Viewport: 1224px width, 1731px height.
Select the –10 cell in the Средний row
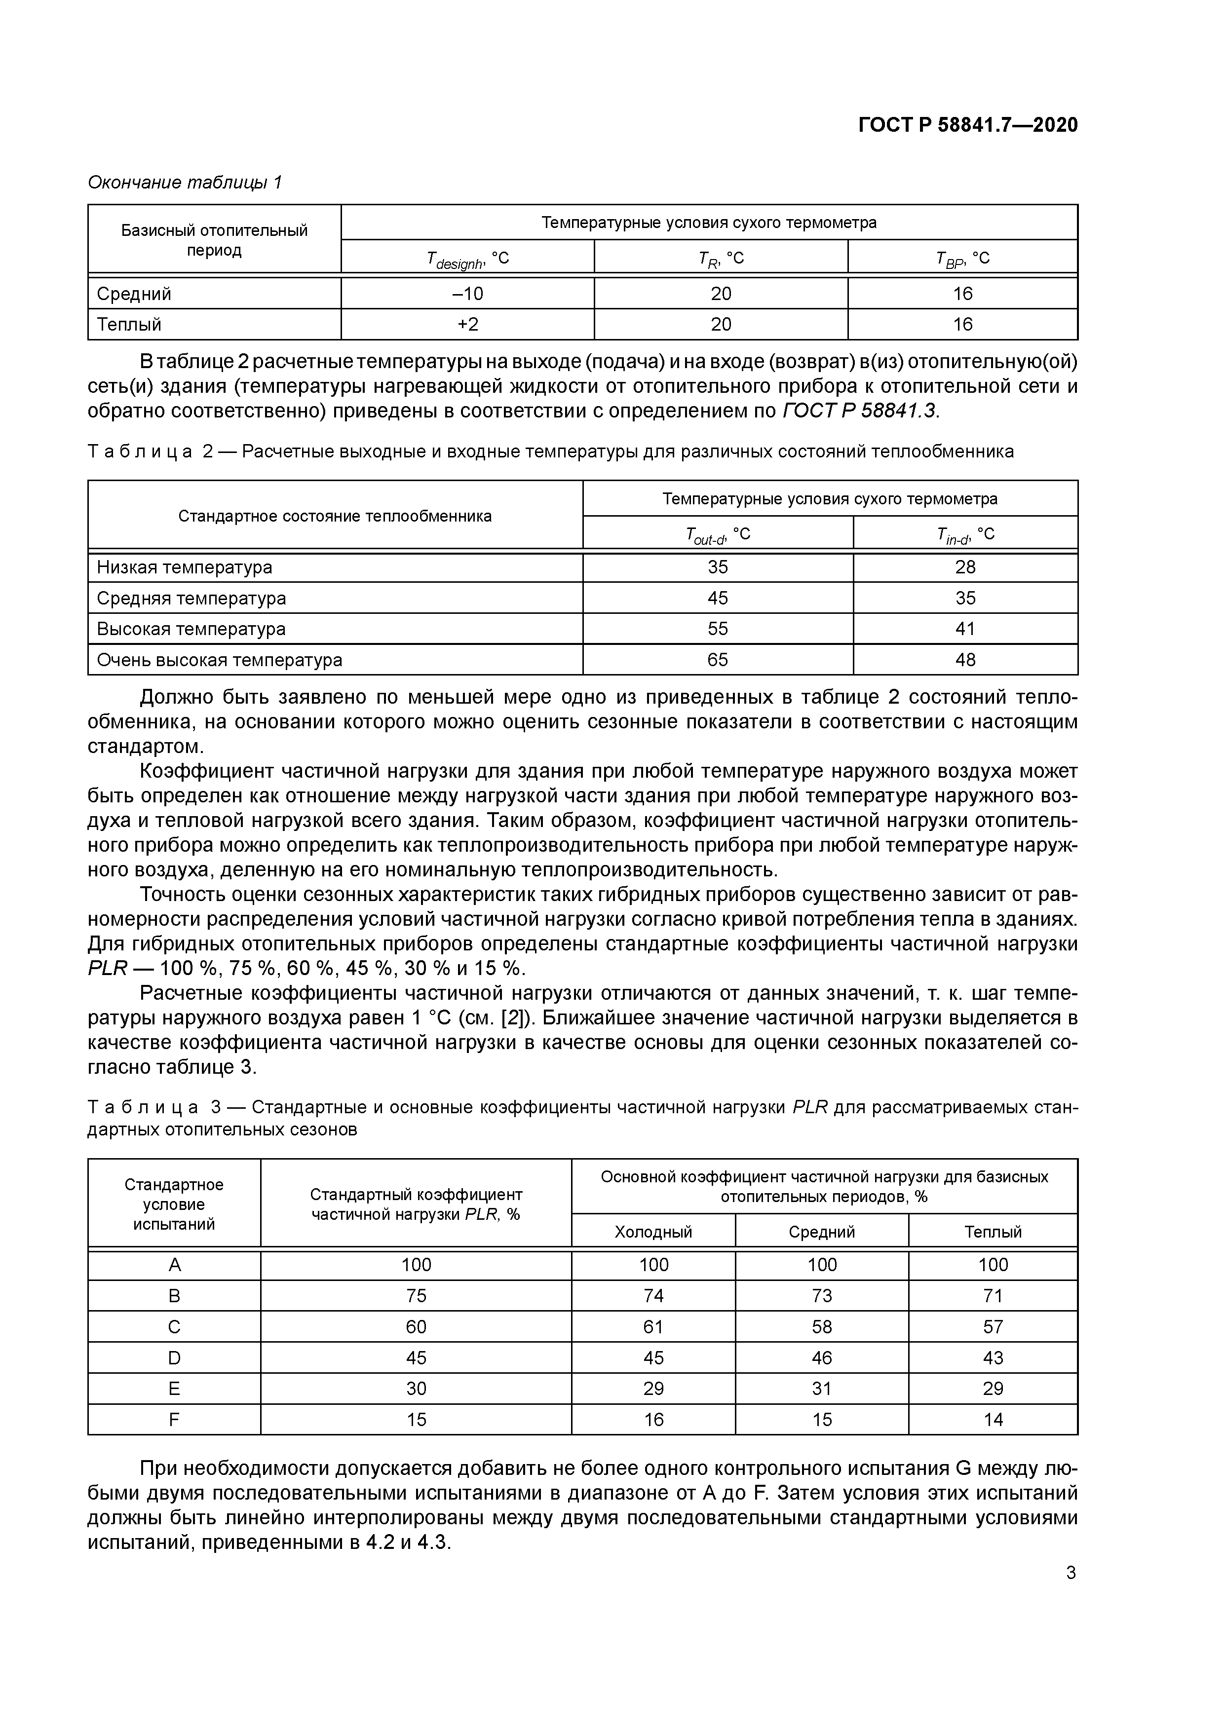tap(467, 293)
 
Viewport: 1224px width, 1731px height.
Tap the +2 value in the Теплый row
tap(467, 324)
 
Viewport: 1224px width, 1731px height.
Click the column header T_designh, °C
tap(467, 259)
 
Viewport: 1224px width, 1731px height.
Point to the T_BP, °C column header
tap(962, 259)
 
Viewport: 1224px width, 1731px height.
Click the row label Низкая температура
tap(185, 567)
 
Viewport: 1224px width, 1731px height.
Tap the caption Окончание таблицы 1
tap(185, 183)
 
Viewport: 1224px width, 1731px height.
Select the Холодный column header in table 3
tap(653, 1233)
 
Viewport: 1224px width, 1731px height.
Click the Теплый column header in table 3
tap(993, 1233)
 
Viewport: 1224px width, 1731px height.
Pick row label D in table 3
tap(174, 1358)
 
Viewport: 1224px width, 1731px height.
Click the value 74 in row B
tap(653, 1296)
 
